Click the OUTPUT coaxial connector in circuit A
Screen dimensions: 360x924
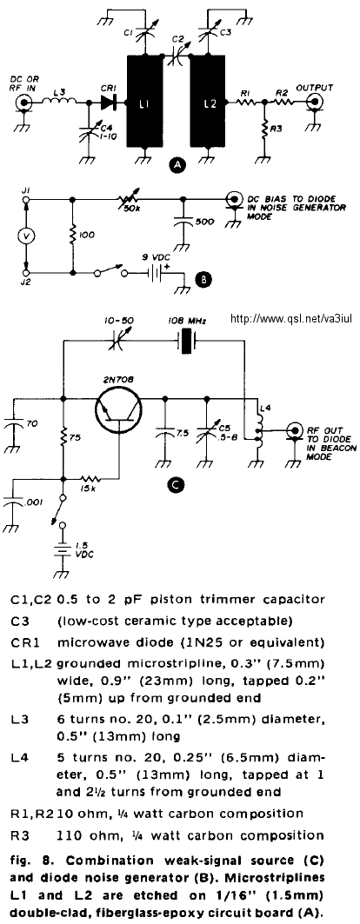click(317, 103)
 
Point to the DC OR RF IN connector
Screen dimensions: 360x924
click(24, 103)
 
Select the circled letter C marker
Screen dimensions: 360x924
click(175, 485)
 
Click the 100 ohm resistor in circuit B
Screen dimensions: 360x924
click(72, 235)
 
